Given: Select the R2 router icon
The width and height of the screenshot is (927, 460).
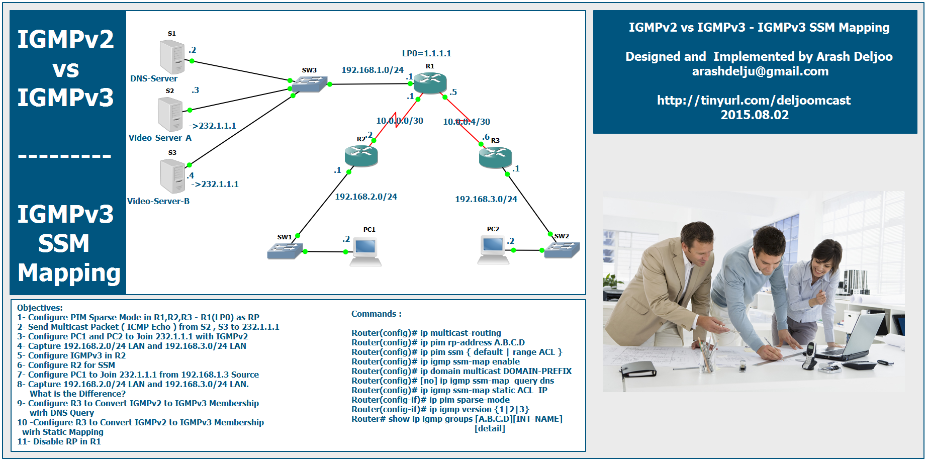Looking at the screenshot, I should (361, 155).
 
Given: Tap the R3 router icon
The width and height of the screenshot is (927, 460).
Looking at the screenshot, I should (495, 157).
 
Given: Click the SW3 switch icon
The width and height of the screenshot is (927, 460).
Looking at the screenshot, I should (309, 83).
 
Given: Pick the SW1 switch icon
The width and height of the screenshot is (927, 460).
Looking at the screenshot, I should (285, 250).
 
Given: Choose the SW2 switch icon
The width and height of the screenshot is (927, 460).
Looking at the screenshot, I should (562, 249).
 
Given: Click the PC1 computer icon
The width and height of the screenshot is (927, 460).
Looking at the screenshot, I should (365, 252).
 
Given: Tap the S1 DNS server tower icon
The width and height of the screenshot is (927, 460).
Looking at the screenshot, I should (172, 56).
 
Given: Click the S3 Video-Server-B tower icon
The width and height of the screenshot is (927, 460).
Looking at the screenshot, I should (172, 175).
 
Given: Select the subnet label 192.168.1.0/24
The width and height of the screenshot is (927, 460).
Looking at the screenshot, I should (373, 70).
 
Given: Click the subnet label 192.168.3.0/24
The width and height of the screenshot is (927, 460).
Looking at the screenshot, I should (486, 199).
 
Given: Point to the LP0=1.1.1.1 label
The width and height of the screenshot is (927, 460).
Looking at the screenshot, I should (426, 53).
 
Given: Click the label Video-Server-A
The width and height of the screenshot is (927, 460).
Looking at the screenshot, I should (160, 138).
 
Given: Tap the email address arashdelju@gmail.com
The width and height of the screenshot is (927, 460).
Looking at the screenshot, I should (760, 71).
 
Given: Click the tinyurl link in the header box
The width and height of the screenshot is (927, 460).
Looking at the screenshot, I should (754, 101).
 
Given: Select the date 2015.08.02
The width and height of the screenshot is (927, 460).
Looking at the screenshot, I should (755, 115).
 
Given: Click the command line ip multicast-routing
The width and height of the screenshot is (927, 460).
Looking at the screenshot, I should (426, 333).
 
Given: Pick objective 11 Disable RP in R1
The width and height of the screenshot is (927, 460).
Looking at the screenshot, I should (59, 441).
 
